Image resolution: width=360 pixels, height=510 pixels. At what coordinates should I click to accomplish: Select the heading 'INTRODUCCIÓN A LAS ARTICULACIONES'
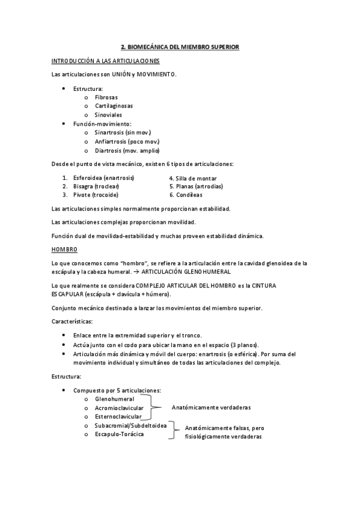pos(105,61)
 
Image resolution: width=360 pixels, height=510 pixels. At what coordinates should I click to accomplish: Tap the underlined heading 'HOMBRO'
pos(64,250)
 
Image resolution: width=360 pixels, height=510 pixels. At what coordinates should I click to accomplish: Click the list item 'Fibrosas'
pos(106,97)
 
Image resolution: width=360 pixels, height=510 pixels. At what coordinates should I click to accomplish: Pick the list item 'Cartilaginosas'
pos(114,106)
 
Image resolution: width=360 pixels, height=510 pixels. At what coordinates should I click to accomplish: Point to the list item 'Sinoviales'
pos(108,114)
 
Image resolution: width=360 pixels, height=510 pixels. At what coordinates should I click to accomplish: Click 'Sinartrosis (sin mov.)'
pos(123,132)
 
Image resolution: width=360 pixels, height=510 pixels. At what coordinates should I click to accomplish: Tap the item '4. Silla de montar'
pos(193,178)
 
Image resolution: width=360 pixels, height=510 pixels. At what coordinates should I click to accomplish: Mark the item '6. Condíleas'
pos(186,195)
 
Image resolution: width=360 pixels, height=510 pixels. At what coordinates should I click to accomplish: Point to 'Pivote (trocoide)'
pos(96,195)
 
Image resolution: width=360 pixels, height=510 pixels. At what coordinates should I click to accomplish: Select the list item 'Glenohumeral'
pos(114,399)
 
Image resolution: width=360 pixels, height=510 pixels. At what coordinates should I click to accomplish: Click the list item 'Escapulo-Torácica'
pos(119,434)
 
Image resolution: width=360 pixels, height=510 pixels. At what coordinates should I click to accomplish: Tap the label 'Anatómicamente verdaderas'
pos(211,408)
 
